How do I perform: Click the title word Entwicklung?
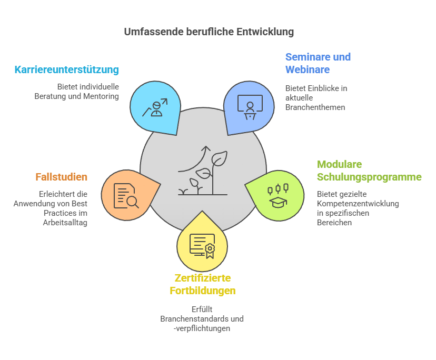click(x=265, y=32)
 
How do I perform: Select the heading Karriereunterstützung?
click(x=67, y=69)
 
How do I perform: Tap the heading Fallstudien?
click(x=62, y=177)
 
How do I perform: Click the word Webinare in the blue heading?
click(x=308, y=69)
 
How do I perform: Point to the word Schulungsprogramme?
click(x=369, y=177)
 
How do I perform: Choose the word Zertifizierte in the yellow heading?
click(x=203, y=278)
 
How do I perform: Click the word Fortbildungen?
click(x=203, y=291)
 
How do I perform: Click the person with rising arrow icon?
click(x=155, y=107)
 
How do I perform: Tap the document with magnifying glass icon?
click(x=126, y=196)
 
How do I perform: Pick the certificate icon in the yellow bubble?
click(x=202, y=246)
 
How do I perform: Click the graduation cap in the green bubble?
click(x=278, y=203)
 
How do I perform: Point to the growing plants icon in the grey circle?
click(x=203, y=171)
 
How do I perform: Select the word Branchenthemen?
click(x=315, y=107)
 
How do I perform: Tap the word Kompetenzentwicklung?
click(x=358, y=204)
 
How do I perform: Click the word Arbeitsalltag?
click(x=65, y=223)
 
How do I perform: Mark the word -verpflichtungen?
click(x=202, y=328)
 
